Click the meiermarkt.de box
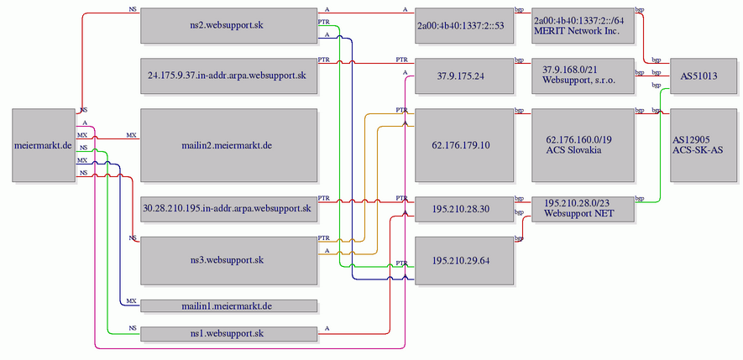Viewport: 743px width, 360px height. (x=44, y=145)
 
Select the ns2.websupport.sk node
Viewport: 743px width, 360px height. (x=229, y=25)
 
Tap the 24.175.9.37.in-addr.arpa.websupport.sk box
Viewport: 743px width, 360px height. (x=229, y=76)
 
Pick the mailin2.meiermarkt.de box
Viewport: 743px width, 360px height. (x=229, y=145)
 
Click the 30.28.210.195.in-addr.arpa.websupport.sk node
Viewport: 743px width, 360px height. (x=229, y=207)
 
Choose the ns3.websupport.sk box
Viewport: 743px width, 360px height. (x=229, y=260)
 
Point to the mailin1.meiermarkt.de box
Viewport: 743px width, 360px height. (x=229, y=306)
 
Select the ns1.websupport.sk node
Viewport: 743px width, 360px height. (x=229, y=334)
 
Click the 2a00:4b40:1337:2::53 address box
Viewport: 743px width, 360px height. (x=464, y=25)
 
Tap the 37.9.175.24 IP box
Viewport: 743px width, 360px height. (x=464, y=76)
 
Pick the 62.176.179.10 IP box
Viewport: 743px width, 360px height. (x=464, y=145)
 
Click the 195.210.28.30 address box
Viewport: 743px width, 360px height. (x=464, y=208)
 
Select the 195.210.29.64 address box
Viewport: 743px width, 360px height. (x=464, y=260)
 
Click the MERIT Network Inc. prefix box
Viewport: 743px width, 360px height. (x=583, y=25)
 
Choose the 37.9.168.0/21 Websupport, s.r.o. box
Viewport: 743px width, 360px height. (x=583, y=76)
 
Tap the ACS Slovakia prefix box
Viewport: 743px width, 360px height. (x=583, y=145)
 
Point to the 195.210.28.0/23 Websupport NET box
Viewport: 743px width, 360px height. (x=583, y=208)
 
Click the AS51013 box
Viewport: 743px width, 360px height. (x=704, y=76)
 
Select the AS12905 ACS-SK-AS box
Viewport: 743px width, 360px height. (x=704, y=145)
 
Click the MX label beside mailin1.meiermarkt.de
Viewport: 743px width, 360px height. (x=132, y=300)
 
